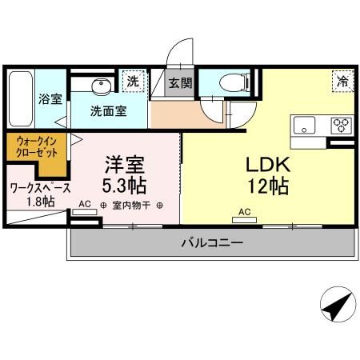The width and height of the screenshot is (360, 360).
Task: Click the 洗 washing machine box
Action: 133,81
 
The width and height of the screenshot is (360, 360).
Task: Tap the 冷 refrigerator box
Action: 341,80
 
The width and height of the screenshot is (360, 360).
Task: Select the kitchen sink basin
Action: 306,125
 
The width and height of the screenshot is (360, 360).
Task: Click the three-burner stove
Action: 341,125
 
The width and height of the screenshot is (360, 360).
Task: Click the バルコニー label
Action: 211,242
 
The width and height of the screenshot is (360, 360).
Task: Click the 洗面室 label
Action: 107,111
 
